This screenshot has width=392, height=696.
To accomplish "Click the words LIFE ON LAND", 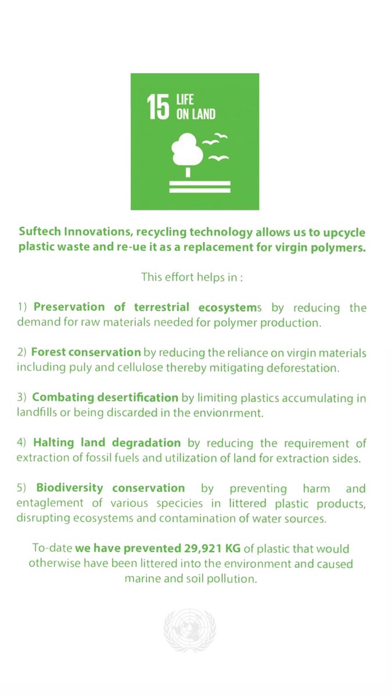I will coord(196,106).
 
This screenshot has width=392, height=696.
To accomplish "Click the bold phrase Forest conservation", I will coord(86,352).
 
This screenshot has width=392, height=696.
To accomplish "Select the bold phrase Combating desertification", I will coord(105,398).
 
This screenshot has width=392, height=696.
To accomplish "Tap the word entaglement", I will coord(48,503).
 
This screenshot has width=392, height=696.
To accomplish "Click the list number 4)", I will coord(22,443).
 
